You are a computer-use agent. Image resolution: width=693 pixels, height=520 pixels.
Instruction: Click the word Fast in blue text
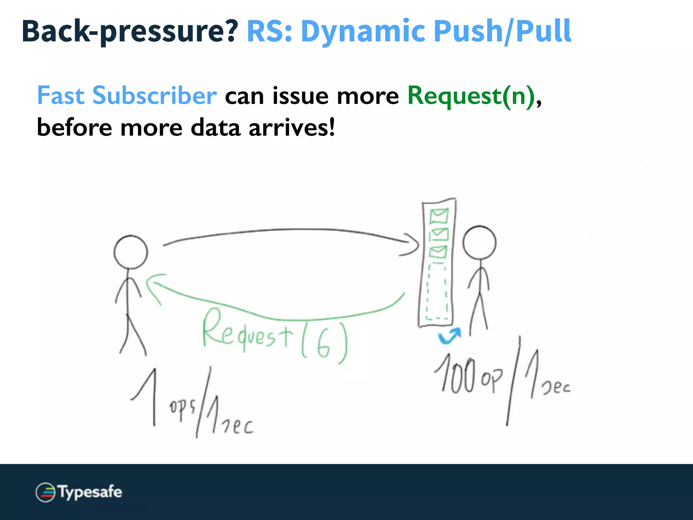point(61,96)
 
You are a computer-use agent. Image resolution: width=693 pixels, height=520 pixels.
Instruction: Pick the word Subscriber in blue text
point(154,96)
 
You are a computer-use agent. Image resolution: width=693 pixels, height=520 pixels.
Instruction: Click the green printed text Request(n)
point(471,96)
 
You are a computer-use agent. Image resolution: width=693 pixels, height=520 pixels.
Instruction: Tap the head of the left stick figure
point(131,252)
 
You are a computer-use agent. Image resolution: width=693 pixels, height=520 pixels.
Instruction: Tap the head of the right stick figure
point(479,243)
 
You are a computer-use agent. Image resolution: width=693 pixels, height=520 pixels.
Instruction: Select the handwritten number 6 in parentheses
point(323,345)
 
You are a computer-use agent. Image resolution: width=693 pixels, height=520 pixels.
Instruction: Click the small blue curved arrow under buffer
point(449,336)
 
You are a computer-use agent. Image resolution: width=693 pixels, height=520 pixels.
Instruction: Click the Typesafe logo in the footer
point(79,492)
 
